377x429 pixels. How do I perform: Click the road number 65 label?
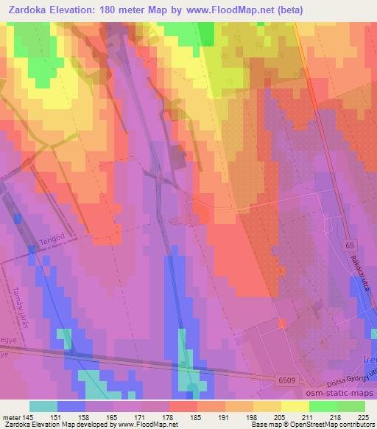(x=350, y=244)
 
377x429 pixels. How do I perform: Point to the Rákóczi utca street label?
(x=363, y=274)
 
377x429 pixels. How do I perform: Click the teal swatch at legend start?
(x=43, y=405)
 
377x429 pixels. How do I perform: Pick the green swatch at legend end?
(x=350, y=405)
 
